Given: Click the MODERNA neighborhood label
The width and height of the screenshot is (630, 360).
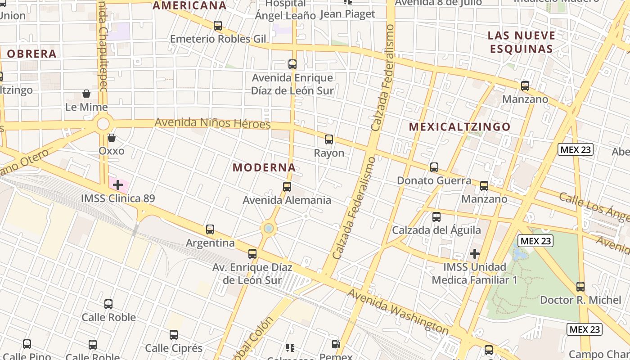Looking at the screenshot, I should (264, 168).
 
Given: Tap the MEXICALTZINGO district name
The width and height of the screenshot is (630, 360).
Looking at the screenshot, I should (459, 127).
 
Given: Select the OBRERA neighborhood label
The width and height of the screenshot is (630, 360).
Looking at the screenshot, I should (31, 54).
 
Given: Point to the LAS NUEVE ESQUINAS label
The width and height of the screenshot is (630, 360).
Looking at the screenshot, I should (521, 42).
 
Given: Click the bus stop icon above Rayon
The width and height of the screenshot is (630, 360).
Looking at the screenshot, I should (329, 139).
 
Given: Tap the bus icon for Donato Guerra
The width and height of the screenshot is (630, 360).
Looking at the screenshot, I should (434, 167).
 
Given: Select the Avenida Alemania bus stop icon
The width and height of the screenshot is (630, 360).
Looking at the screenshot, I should (287, 187).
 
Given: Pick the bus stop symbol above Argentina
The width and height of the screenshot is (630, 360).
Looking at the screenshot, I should (210, 229).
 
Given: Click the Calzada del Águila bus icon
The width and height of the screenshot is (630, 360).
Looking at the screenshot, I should (436, 217).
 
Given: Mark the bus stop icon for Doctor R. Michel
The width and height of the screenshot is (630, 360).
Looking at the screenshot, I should (580, 287).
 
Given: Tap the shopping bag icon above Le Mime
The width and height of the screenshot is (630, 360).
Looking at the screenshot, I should (86, 94).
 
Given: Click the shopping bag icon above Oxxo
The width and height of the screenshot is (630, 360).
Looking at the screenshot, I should (112, 137).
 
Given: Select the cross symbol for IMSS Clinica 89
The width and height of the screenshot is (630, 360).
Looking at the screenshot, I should (118, 185).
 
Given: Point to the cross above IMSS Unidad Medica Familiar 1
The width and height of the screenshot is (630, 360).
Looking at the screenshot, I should (475, 254).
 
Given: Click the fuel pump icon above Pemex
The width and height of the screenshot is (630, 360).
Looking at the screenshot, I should (336, 345).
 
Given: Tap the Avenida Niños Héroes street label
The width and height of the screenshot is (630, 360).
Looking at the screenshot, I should (212, 123).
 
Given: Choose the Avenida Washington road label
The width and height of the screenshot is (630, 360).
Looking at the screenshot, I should (398, 312).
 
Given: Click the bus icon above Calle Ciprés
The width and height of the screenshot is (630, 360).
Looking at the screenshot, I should (174, 335).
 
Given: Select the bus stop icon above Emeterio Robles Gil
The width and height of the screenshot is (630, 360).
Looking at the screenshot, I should (218, 26).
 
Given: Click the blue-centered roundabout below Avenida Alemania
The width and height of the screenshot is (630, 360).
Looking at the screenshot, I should (269, 229).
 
